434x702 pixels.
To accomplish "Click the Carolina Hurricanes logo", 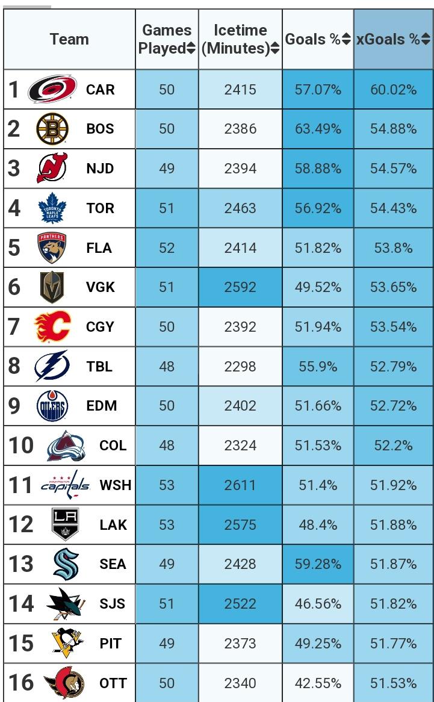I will (x=52, y=90).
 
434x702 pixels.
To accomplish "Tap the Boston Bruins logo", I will (x=52, y=129).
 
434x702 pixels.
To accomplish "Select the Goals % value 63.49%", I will (x=318, y=129).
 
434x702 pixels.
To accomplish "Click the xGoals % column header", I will (x=388, y=40).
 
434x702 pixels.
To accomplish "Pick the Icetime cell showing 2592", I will (x=240, y=287).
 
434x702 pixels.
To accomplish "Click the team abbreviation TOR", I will (x=100, y=208).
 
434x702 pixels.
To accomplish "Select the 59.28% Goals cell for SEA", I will (x=318, y=564).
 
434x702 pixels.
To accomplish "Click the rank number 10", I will (x=22, y=446).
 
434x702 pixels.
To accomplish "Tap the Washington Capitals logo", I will (x=66, y=485).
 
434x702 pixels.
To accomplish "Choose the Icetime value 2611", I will (x=240, y=485).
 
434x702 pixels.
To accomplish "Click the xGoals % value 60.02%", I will (x=393, y=90).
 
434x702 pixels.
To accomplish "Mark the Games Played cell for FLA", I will (x=167, y=248).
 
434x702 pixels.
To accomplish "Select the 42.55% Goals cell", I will (x=318, y=683).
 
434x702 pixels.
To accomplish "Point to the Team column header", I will (x=69, y=40).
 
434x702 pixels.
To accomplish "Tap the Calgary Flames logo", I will (x=52, y=327).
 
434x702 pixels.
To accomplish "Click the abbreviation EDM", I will (x=101, y=406).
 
